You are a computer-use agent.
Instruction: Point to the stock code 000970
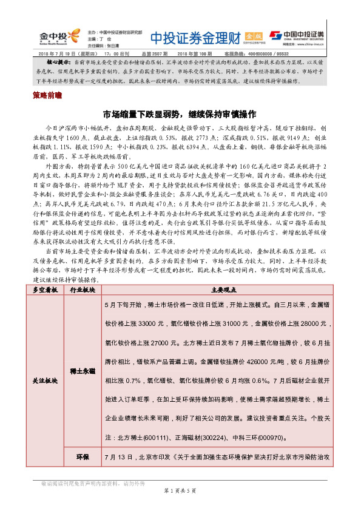click(x=296, y=437)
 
